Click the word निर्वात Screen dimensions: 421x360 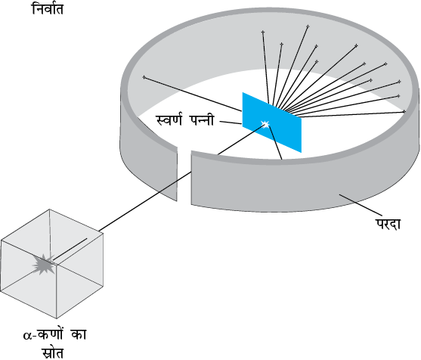[x=48, y=8]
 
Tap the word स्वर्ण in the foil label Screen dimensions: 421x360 [x=169, y=119]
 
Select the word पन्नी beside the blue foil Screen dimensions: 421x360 [x=202, y=119]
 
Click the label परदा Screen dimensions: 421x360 [x=388, y=224]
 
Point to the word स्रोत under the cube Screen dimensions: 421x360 [x=53, y=352]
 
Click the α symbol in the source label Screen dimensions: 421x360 [x=28, y=336]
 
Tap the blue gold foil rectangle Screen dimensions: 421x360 [x=271, y=123]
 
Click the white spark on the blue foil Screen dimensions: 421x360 [x=265, y=124]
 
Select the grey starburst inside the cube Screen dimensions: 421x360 [x=44, y=264]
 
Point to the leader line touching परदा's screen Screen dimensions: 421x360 [x=360, y=204]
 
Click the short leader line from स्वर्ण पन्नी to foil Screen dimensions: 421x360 [x=231, y=123]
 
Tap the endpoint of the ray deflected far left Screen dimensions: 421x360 [x=144, y=77]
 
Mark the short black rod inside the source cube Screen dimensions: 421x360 [x=70, y=249]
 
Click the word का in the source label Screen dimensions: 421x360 [x=79, y=335]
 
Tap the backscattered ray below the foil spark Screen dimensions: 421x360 [x=275, y=143]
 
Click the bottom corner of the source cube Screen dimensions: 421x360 [x=57, y=318]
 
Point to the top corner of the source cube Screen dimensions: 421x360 [x=49, y=209]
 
